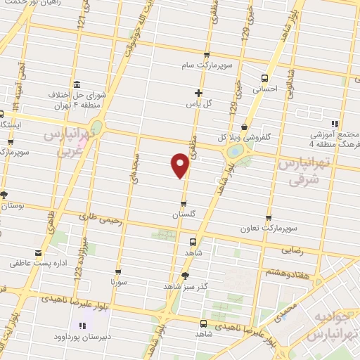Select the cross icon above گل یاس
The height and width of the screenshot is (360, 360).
pos(198,92)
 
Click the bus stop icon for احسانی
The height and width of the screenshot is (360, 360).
pos(264,78)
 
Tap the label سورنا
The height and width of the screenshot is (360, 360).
pos(118,281)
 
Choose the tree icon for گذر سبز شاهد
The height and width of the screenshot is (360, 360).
pos(185,276)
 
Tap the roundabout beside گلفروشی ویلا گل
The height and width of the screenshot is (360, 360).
pos(233,150)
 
